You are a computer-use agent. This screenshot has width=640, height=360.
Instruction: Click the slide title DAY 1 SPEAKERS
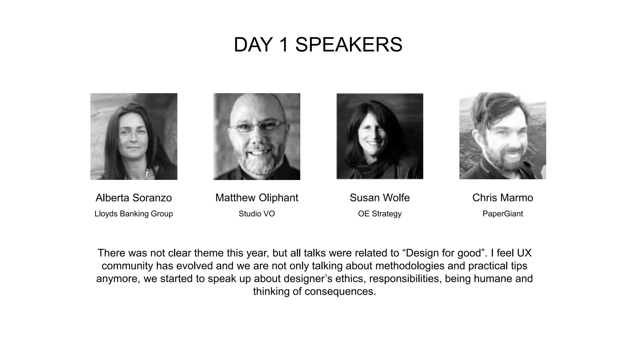(318, 45)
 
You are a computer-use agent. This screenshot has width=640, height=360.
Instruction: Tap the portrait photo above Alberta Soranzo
(134, 136)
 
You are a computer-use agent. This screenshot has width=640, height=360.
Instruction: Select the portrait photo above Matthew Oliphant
(257, 136)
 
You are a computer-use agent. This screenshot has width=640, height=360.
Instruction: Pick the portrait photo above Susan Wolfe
(380, 136)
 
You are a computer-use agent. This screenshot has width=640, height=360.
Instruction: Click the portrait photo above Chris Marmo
(502, 136)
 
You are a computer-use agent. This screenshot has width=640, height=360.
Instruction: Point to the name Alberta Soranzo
(134, 198)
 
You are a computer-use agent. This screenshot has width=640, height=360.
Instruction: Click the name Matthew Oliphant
(257, 198)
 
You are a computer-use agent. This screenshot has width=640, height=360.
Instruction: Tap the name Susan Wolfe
(380, 198)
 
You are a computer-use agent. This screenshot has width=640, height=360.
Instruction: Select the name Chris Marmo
(502, 198)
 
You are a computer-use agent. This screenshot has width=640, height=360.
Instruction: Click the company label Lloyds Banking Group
(134, 214)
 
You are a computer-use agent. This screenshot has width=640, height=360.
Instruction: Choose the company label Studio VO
(257, 214)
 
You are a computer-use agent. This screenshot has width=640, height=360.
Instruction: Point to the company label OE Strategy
(380, 214)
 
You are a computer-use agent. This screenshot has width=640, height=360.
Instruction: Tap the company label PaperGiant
(502, 214)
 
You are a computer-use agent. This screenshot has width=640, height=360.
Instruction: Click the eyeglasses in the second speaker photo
(257, 127)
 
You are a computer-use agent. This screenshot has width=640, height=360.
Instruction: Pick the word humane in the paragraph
(493, 279)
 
